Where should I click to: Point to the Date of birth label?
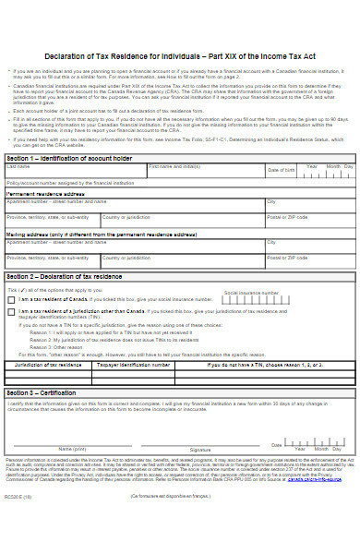(x=281, y=171)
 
